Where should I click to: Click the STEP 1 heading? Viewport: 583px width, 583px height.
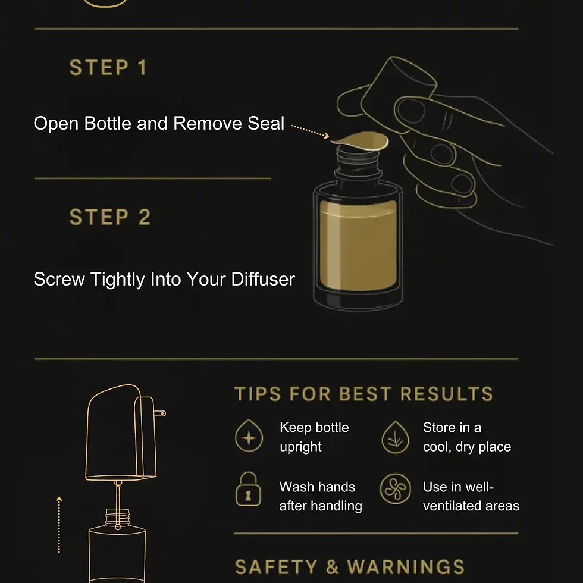tap(108, 68)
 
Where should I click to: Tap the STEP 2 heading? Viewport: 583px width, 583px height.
tap(110, 217)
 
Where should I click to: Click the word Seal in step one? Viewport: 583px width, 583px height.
tap(266, 124)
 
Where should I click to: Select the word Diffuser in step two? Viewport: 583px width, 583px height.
tap(263, 279)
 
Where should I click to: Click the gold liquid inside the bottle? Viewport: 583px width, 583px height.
tap(358, 245)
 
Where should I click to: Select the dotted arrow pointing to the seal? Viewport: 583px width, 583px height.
tap(310, 131)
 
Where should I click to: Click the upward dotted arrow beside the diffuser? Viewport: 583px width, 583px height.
tap(59, 525)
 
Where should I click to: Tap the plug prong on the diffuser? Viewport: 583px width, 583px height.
tap(160, 413)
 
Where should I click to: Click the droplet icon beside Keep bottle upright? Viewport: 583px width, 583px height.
tap(249, 435)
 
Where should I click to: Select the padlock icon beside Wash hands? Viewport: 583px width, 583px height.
tap(249, 489)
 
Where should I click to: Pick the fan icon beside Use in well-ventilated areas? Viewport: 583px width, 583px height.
tap(395, 488)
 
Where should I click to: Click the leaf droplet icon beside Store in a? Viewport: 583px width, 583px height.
tap(395, 437)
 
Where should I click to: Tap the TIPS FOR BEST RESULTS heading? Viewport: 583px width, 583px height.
tap(363, 394)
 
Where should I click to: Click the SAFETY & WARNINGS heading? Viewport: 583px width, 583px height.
tap(350, 568)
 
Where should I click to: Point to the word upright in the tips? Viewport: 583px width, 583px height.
tap(300, 447)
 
